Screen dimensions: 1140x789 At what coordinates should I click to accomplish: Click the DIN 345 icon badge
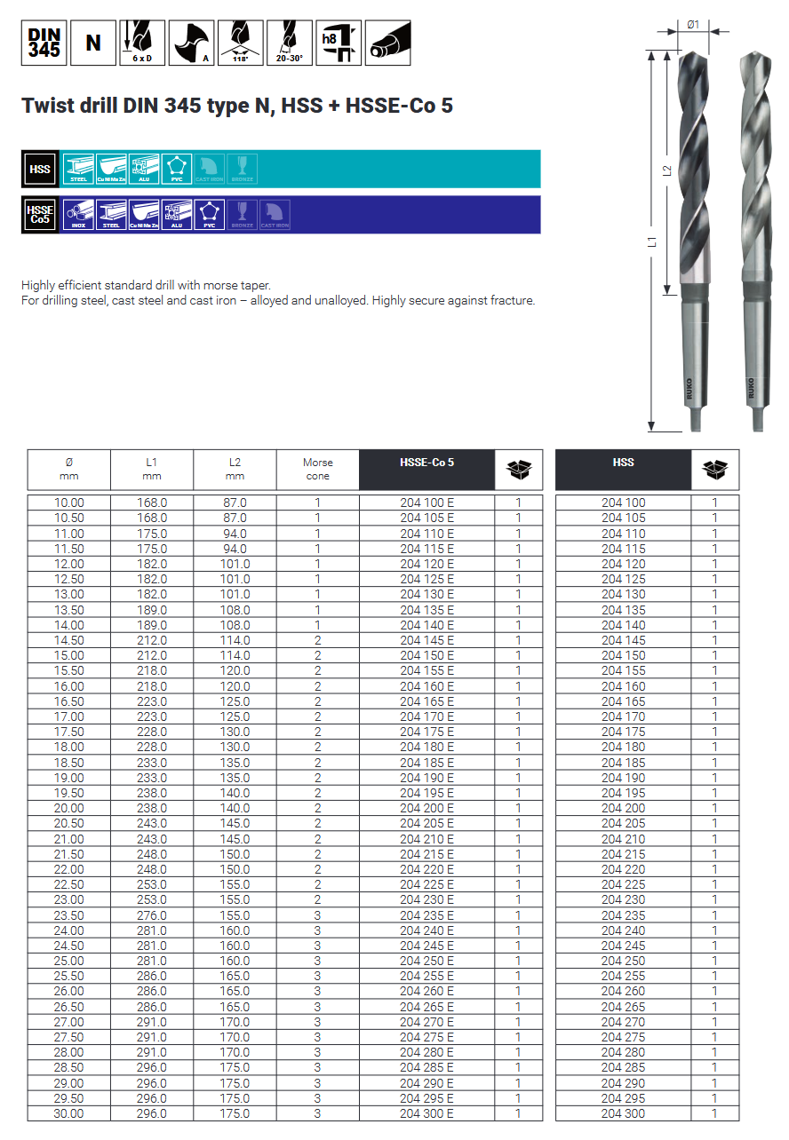tap(44, 43)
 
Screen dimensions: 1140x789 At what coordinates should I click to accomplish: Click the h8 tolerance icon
tap(339, 43)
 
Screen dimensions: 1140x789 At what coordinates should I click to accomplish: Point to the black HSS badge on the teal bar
tap(40, 169)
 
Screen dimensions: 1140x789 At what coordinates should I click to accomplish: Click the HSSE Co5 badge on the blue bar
tap(40, 215)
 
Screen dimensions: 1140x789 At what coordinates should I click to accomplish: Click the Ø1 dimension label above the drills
tap(694, 24)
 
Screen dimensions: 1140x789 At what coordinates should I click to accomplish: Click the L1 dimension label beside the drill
tap(653, 241)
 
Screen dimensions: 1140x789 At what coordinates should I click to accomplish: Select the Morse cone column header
tap(317, 469)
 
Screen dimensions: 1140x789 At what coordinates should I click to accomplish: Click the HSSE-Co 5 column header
tap(426, 463)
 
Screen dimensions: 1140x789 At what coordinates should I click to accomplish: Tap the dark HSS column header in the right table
tap(623, 463)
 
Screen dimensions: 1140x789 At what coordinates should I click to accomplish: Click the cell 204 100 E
tap(426, 503)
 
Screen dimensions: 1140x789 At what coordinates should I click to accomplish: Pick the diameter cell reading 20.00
tap(69, 808)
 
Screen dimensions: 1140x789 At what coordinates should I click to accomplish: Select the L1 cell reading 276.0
tap(152, 915)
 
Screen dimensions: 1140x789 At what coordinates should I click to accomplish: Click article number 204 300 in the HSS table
tap(623, 1113)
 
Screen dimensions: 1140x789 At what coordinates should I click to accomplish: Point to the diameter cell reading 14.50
tap(69, 640)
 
